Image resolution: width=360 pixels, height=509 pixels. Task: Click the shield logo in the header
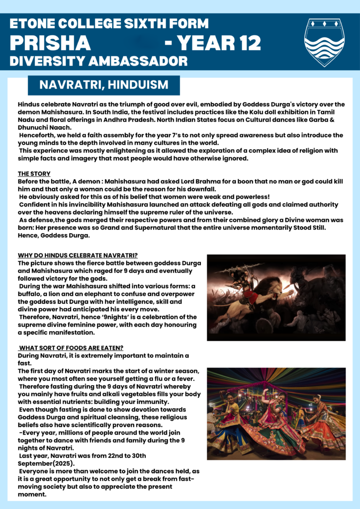tap(324, 42)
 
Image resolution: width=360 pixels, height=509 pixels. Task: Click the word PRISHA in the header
tap(50, 44)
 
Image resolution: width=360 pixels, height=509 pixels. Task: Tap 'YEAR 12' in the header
tap(219, 44)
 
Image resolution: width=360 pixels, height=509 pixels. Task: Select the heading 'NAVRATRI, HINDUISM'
tap(103, 85)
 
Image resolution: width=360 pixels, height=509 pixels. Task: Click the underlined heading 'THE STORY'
tap(34, 173)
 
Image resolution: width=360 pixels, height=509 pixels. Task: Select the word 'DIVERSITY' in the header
tap(42, 61)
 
